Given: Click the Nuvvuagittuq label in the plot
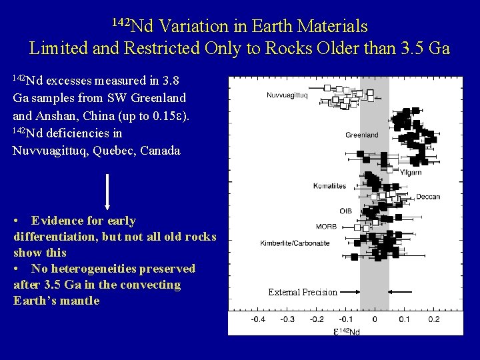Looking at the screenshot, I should [287, 95].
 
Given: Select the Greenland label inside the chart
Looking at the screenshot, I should [361, 135].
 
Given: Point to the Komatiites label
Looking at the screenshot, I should [329, 185].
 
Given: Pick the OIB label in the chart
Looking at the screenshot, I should [345, 211].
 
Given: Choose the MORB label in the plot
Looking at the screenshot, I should [327, 227].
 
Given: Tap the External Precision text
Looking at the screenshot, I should [302, 292].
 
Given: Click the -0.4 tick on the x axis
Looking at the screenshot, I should [257, 319].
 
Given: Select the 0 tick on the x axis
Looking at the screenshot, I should [375, 319].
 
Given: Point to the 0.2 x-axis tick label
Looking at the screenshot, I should [433, 319].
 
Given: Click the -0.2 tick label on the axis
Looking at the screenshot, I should [315, 319].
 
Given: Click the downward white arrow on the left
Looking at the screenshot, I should [107, 190].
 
